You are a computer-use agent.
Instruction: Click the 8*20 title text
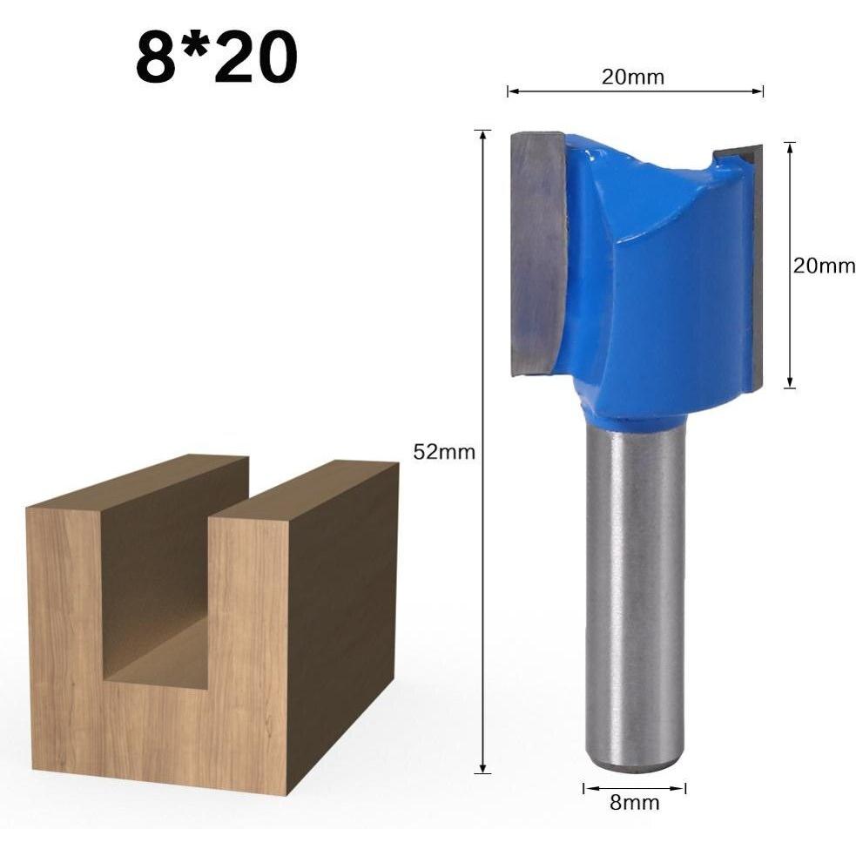click(216, 57)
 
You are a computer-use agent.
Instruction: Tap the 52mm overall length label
click(444, 452)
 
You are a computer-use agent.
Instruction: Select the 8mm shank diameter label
click(634, 803)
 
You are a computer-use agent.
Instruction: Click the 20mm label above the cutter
click(633, 77)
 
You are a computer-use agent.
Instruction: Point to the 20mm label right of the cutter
click(824, 266)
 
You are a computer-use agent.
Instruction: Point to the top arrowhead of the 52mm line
click(482, 135)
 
